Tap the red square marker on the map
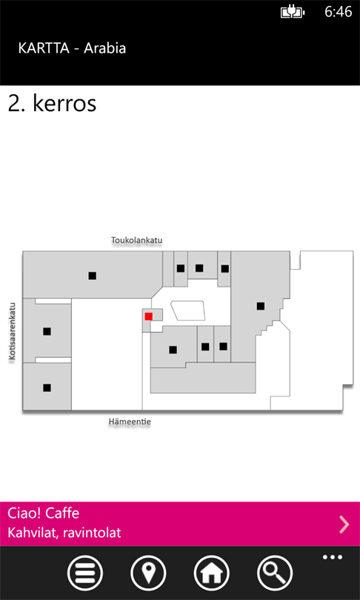pyautogui.click(x=148, y=316)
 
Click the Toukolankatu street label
pyautogui.click(x=137, y=240)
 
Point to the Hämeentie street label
pyautogui.click(x=130, y=421)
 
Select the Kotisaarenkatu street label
pyautogui.click(x=13, y=331)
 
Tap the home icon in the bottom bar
pyautogui.click(x=212, y=573)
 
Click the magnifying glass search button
pyautogui.click(x=275, y=573)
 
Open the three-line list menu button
pyautogui.click(x=85, y=573)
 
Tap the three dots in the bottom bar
pyautogui.click(x=333, y=557)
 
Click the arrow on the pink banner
pyautogui.click(x=344, y=524)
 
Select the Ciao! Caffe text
pyautogui.click(x=43, y=513)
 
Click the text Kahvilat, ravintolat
pyautogui.click(x=64, y=533)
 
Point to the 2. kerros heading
pyautogui.click(x=52, y=104)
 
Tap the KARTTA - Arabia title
pyautogui.click(x=72, y=49)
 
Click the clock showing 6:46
pyautogui.click(x=339, y=13)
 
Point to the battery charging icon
pyautogui.click(x=293, y=13)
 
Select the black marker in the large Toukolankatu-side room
pyautogui.click(x=92, y=276)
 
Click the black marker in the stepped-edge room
pyautogui.click(x=261, y=306)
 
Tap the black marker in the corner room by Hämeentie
pyautogui.click(x=47, y=387)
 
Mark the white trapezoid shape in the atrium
pyautogui.click(x=188, y=310)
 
